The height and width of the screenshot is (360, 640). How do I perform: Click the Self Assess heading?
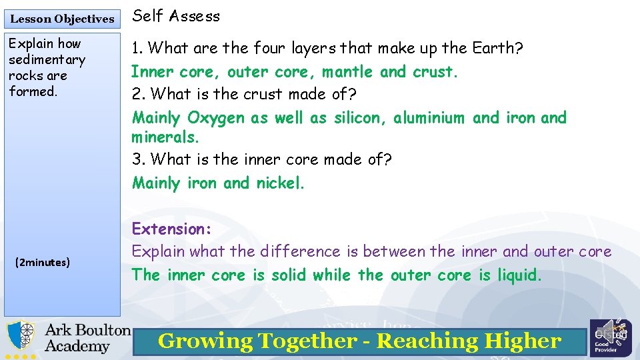176,17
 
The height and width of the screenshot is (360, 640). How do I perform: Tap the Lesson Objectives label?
62,19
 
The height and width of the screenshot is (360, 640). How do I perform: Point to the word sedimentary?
47,60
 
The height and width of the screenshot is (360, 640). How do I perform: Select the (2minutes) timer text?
42,263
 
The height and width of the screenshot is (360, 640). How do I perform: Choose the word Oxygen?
216,118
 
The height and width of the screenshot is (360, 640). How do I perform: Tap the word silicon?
358,118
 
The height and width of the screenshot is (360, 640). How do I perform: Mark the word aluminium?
429,118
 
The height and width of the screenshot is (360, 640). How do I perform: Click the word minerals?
165,137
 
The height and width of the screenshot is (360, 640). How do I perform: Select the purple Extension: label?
171,229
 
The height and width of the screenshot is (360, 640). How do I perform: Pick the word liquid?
519,275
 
